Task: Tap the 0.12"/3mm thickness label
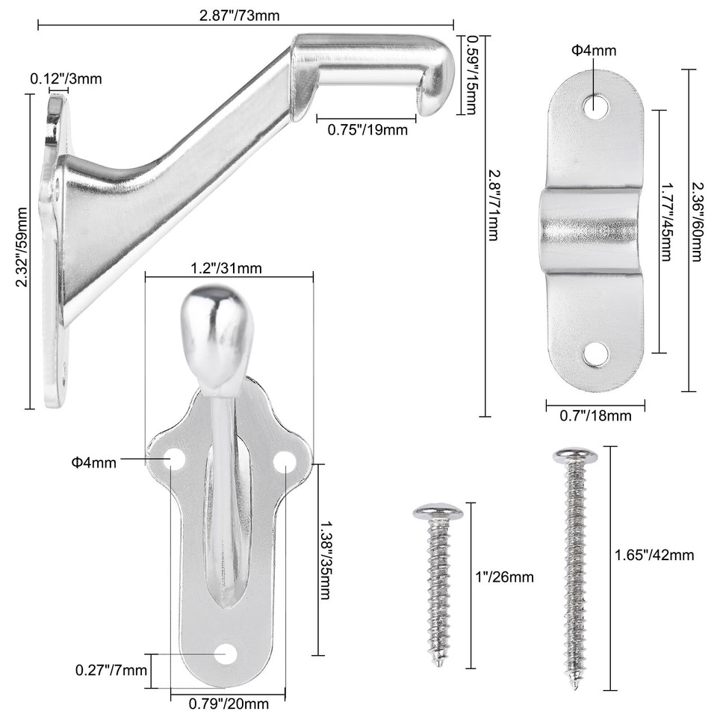[66, 78]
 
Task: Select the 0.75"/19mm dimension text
[367, 129]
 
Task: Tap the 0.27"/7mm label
[111, 669]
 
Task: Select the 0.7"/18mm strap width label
[595, 415]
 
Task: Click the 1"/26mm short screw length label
[505, 577]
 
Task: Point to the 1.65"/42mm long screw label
[654, 554]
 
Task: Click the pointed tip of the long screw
[576, 684]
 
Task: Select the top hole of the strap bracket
[595, 105]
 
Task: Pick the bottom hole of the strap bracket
[595, 354]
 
